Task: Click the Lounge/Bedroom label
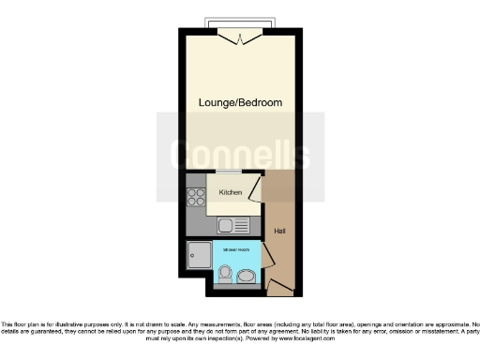240,102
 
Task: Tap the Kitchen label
231,192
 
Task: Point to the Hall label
279,231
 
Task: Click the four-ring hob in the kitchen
198,197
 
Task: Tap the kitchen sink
227,225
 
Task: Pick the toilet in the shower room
225,274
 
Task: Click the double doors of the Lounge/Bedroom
240,37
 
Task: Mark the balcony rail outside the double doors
240,22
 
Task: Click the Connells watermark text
240,150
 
